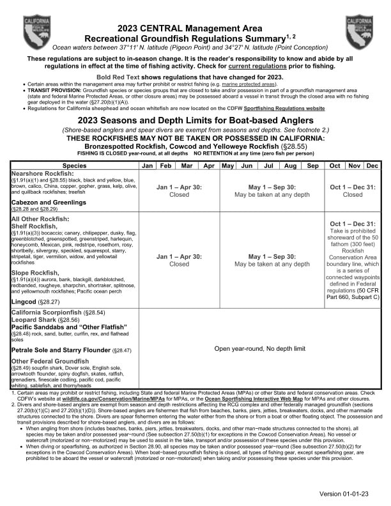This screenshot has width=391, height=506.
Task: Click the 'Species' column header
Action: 75,165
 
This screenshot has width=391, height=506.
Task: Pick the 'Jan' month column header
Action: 148,165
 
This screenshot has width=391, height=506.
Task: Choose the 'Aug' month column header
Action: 291,165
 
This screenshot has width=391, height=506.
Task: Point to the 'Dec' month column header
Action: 372,165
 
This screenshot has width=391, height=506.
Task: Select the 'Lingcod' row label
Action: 24,300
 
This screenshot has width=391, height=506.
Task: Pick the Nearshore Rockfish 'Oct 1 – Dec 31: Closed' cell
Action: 353,191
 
